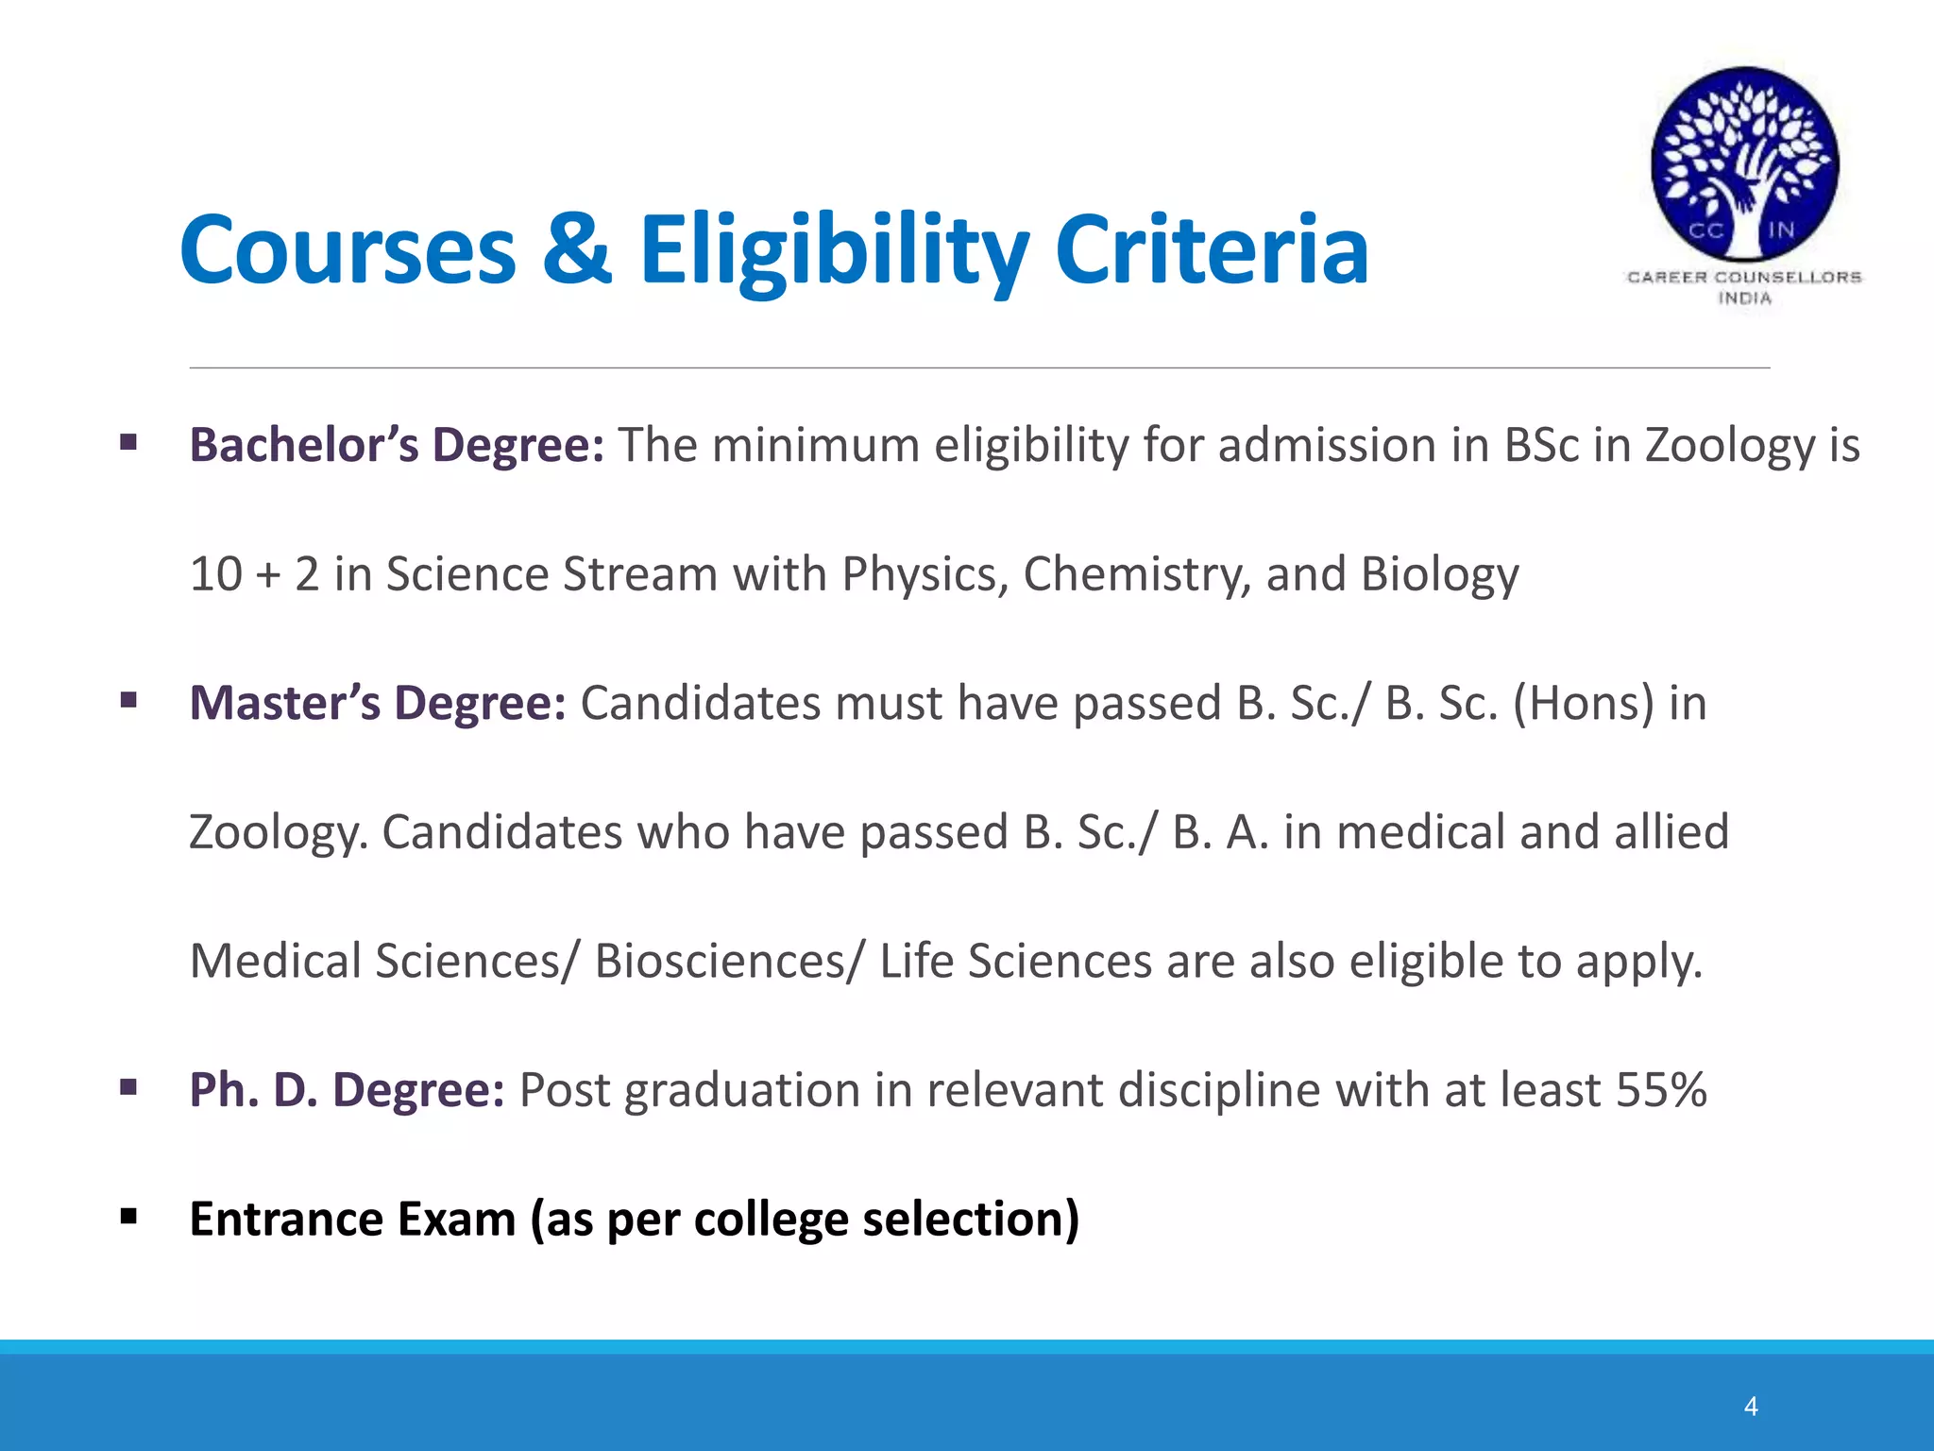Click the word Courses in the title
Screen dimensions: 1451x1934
pos(348,249)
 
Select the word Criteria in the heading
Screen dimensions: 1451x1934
pos(1212,249)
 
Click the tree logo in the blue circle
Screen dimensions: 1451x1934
pos(1744,162)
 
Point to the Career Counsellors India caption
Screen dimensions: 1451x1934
pos(1744,287)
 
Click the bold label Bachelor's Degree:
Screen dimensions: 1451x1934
pos(397,445)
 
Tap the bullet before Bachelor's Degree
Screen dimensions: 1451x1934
pos(128,442)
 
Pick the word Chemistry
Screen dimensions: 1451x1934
pos(1137,574)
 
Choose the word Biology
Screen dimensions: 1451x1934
pos(1439,574)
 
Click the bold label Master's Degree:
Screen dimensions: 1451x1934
pos(378,703)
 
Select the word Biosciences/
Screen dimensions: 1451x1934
pos(728,962)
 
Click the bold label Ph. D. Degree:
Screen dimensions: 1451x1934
pos(347,1090)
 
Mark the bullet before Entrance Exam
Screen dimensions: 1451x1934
pos(128,1217)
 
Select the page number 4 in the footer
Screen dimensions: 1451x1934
pos(1751,1407)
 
